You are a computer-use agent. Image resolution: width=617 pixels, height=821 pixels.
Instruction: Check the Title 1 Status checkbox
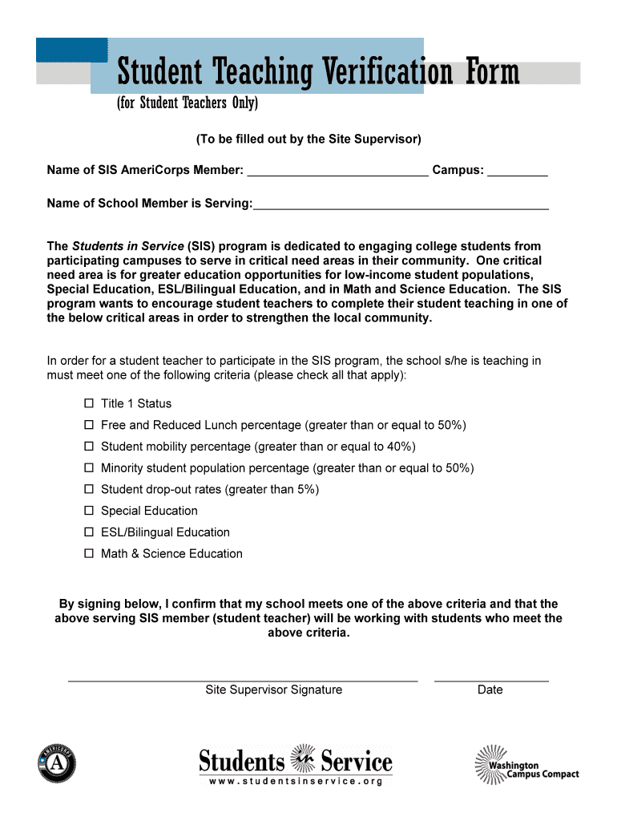89,403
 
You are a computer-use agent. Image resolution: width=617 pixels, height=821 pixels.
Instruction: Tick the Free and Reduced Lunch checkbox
89,425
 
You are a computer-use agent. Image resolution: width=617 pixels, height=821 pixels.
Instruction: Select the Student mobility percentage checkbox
89,447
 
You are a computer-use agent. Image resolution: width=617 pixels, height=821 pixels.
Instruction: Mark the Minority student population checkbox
89,468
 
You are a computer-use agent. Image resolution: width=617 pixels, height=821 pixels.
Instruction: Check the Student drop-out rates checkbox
89,489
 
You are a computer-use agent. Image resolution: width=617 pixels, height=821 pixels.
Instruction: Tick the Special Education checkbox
89,511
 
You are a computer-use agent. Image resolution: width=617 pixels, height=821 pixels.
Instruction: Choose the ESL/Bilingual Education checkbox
89,532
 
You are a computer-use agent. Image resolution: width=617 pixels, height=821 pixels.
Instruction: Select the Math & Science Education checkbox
89,554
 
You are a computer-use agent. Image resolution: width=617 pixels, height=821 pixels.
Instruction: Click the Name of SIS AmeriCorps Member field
337,171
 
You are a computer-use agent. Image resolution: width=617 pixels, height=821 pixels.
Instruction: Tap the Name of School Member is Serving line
401,204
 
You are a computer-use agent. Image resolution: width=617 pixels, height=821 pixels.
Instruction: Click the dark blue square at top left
71,50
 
